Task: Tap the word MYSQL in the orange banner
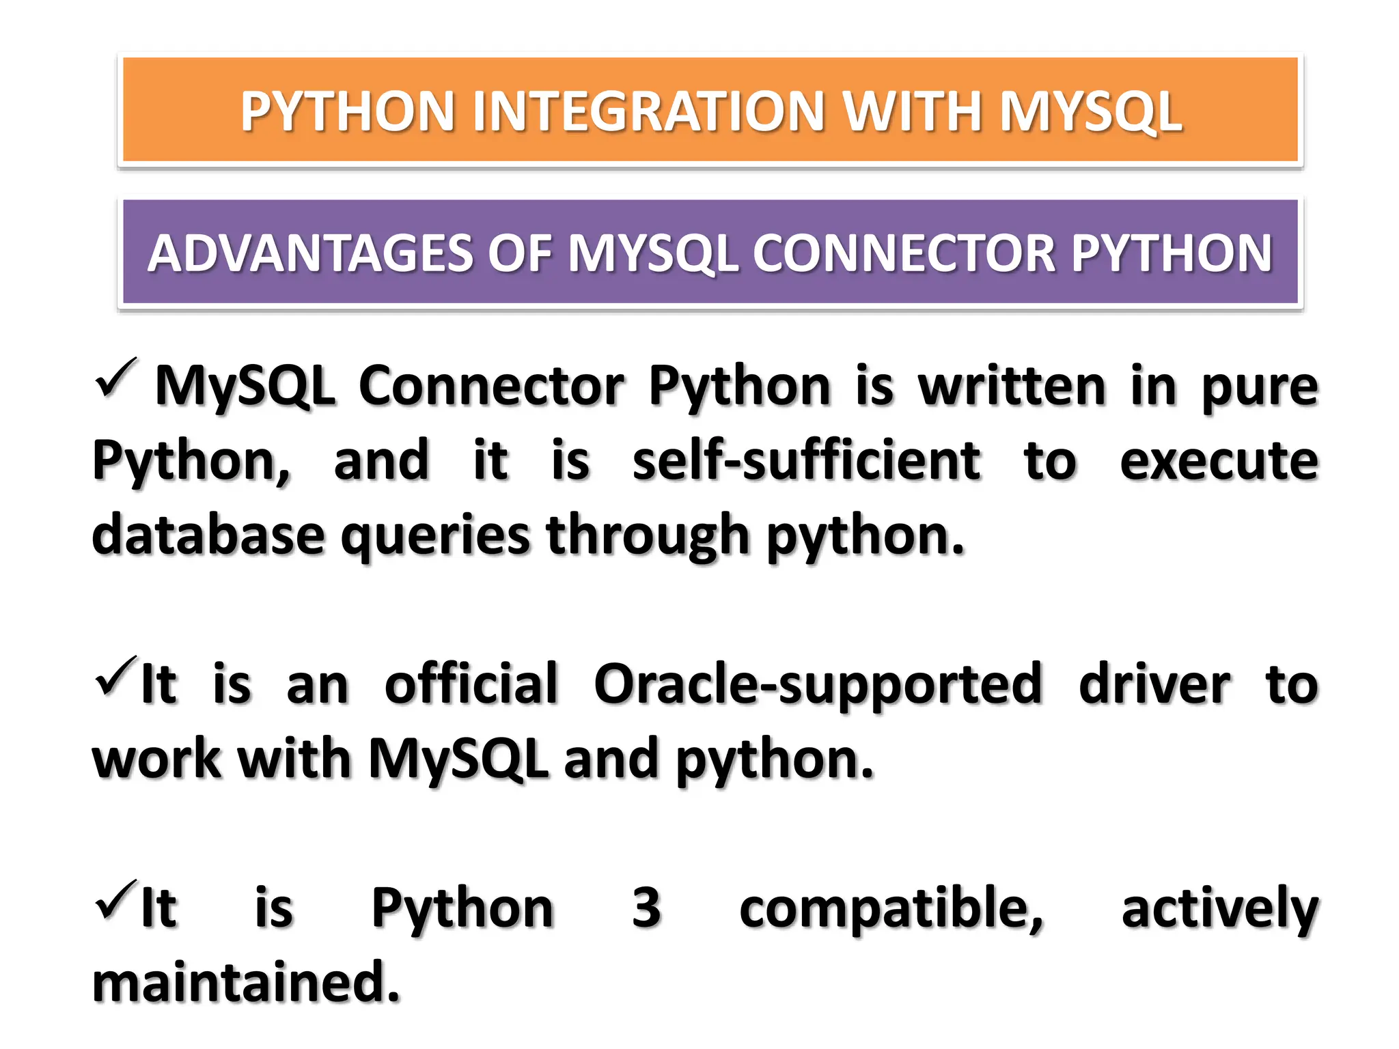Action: click(x=1090, y=111)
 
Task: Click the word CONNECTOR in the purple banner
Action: click(x=903, y=253)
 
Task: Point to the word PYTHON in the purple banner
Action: click(x=1171, y=253)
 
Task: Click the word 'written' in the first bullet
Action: click(x=1011, y=387)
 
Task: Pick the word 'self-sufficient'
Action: click(x=806, y=460)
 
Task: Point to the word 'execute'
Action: click(x=1219, y=460)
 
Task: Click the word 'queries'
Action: click(x=435, y=535)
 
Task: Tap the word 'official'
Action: click(x=471, y=684)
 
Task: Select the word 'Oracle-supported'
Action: click(x=818, y=684)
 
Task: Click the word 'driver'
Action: click(x=1154, y=684)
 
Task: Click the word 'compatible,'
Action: click(x=891, y=908)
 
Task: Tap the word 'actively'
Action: click(x=1219, y=908)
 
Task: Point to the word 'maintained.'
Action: click(x=246, y=982)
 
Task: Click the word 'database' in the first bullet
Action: click(x=208, y=535)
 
